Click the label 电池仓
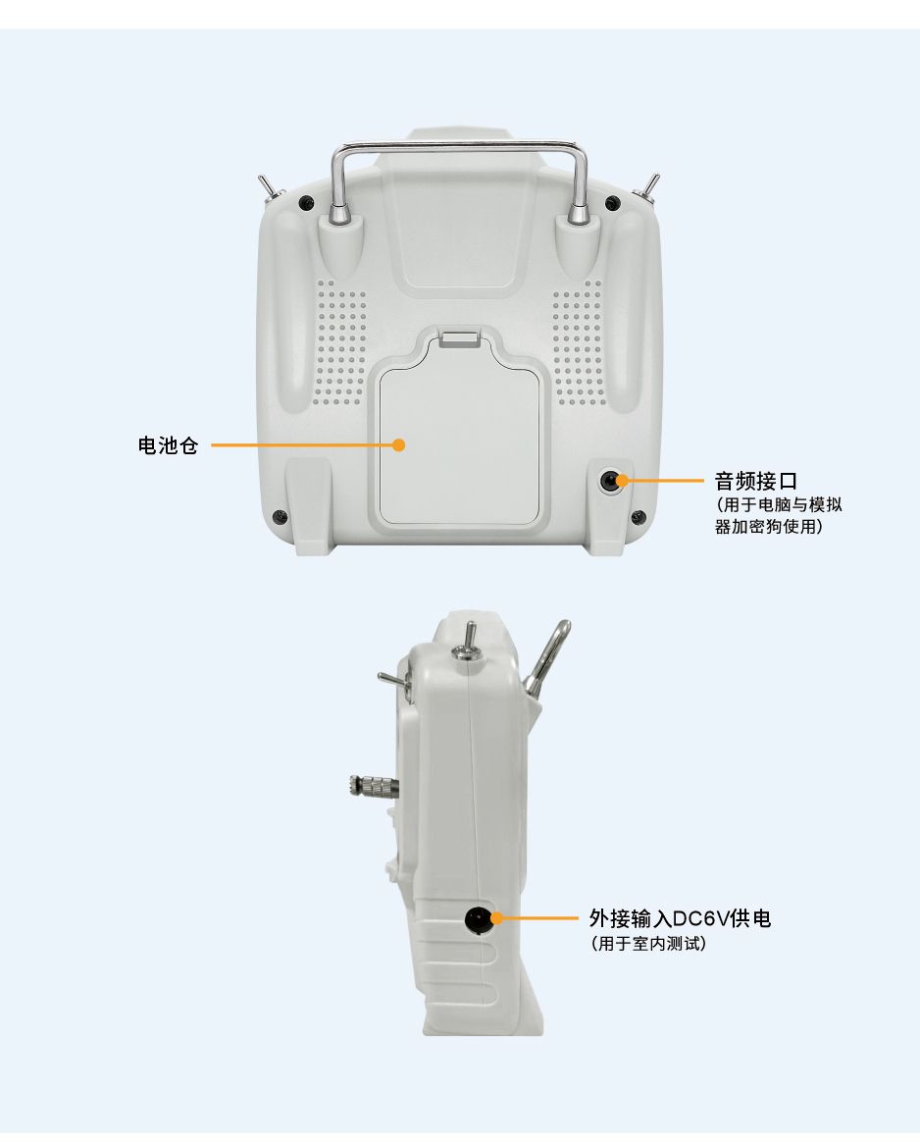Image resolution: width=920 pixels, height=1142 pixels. tap(168, 445)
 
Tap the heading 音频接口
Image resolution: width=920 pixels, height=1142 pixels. tap(755, 481)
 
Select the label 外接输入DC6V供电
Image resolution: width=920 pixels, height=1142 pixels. tap(680, 918)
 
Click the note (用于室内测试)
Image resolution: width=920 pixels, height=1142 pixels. tap(647, 944)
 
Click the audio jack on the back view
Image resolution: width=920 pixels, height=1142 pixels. tap(608, 481)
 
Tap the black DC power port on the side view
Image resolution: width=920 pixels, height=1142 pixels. tap(477, 919)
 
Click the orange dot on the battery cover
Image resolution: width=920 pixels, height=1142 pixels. tap(398, 444)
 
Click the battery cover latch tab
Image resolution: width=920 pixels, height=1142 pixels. tap(460, 338)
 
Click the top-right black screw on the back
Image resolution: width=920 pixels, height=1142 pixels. tap(613, 203)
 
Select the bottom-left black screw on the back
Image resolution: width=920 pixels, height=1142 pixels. tap(279, 517)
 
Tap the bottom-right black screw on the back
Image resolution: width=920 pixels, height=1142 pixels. tap(638, 517)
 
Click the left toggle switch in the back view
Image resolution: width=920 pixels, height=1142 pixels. tap(269, 190)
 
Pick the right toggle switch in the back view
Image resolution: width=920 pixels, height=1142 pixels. tap(647, 190)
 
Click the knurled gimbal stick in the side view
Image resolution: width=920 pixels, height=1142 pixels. tap(374, 788)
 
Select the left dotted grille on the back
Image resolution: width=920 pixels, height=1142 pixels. tap(340, 343)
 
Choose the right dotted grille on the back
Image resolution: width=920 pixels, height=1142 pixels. tap(578, 345)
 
